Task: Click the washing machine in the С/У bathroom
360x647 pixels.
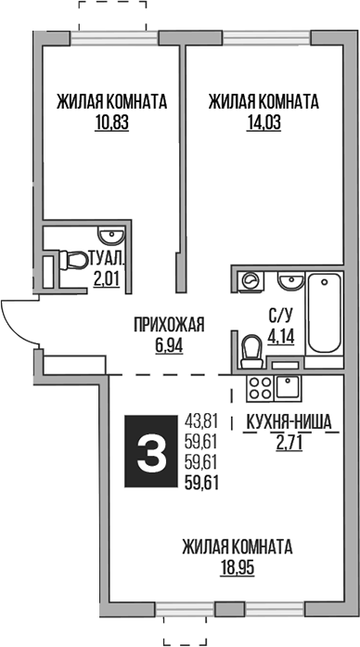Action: [x=250, y=280]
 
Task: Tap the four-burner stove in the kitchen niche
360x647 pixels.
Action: [x=259, y=388]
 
